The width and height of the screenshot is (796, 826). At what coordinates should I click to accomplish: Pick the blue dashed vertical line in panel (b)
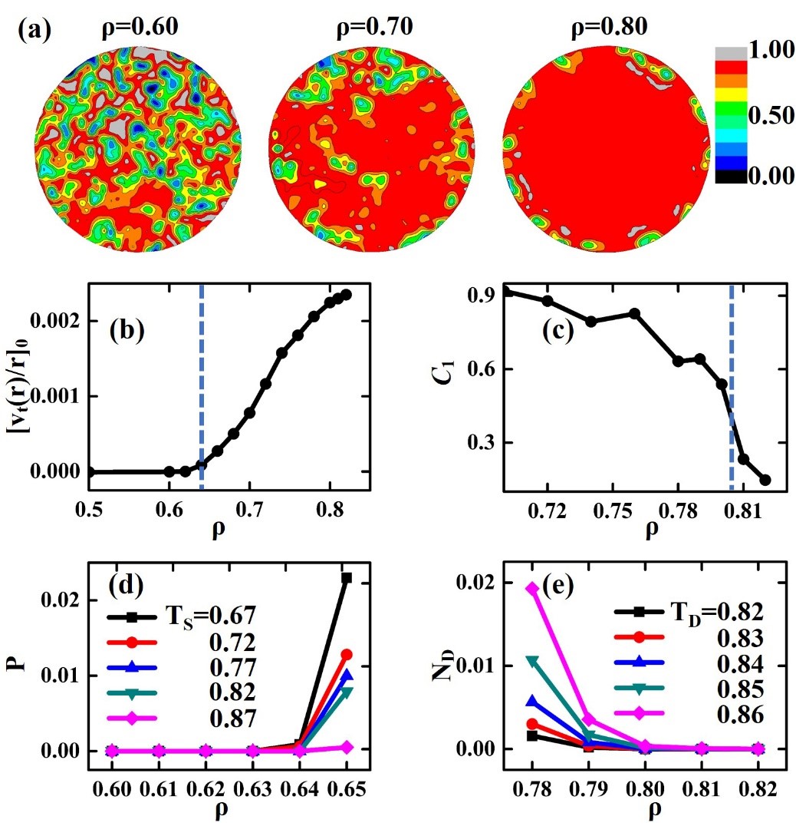pyautogui.click(x=201, y=384)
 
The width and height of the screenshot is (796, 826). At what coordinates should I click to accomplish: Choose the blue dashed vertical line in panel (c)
pyautogui.click(x=731, y=384)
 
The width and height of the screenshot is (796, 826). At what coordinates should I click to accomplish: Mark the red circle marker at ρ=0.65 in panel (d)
pyautogui.click(x=346, y=655)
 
